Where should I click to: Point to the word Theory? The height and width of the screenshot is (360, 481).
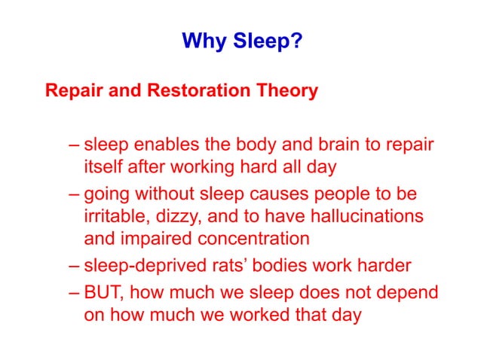click(x=290, y=92)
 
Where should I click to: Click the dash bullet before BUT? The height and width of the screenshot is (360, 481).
click(x=72, y=291)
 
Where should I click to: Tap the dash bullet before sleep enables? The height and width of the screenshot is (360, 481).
click(x=72, y=144)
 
